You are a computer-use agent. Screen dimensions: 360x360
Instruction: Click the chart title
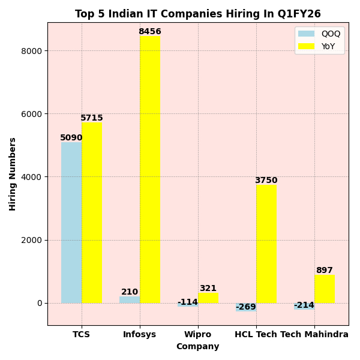point(197,14)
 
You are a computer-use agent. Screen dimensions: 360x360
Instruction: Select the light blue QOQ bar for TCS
point(71,222)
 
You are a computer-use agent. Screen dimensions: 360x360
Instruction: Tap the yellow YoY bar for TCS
point(92,213)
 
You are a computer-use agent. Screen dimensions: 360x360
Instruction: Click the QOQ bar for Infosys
point(130,299)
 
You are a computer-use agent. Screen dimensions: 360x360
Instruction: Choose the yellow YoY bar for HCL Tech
point(266,244)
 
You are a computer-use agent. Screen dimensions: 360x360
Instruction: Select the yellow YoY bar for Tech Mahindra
point(325,289)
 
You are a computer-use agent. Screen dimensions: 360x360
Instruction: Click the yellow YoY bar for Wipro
point(208,298)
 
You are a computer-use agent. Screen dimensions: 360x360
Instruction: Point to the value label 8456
point(150,32)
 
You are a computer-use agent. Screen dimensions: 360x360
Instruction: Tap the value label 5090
point(71,138)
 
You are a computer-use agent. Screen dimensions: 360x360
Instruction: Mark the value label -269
point(246,307)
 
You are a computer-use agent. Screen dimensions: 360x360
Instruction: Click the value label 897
point(325,271)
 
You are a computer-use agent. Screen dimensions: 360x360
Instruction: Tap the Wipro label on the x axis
point(197,334)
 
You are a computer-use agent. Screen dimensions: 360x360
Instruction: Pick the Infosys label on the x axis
point(139,334)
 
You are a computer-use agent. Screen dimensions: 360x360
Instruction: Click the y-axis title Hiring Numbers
point(13,174)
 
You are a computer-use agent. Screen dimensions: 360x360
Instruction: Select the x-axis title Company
point(197,347)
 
